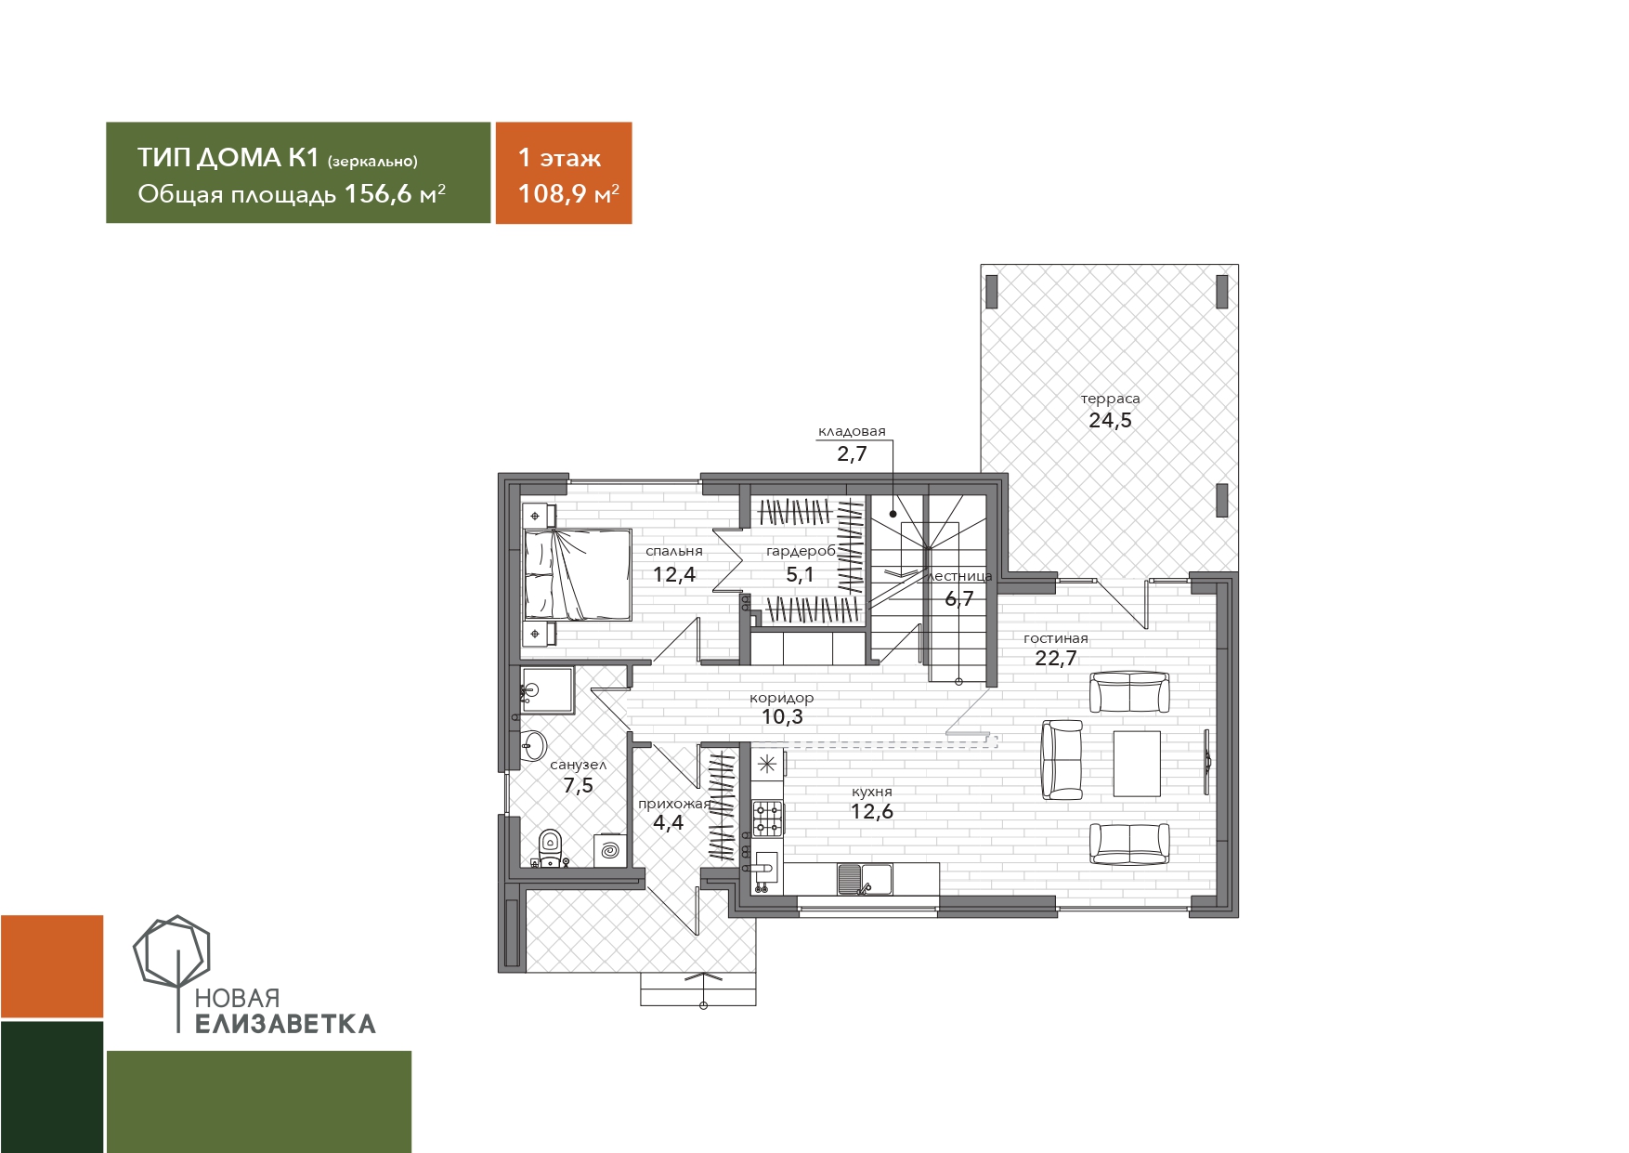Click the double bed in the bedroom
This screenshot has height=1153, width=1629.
577,575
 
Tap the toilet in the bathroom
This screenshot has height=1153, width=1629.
551,845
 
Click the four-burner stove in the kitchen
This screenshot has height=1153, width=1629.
767,819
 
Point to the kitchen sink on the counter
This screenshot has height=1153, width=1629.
865,878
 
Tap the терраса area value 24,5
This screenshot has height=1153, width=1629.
1110,420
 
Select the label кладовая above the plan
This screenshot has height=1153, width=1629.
852,431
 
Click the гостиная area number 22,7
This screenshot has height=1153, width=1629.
1056,659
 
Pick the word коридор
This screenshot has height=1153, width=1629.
782,698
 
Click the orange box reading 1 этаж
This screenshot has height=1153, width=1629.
564,173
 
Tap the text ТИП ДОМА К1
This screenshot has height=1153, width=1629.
228,157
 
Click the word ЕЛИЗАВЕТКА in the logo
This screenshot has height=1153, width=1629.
286,1024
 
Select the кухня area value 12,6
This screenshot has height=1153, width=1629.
872,811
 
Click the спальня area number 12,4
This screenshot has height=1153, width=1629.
674,574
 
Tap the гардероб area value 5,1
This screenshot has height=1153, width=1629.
800,574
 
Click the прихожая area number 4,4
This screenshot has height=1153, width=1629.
668,822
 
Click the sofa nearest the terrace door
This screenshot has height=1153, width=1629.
1129,692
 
